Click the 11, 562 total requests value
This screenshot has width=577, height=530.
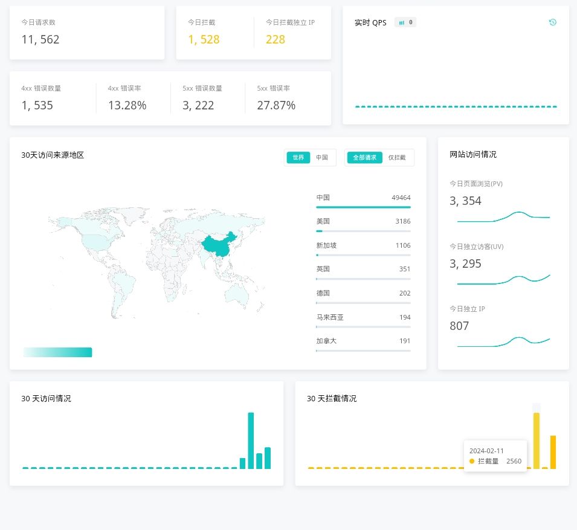40,40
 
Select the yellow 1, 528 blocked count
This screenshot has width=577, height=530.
204,40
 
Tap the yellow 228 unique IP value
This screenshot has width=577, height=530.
276,40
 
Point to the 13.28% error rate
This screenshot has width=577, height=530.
127,106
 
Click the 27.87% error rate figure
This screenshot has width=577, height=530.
276,106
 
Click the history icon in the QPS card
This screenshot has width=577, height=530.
552,22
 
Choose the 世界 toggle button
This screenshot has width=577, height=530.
298,158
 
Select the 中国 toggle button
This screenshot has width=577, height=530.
322,158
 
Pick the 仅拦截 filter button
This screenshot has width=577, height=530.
397,158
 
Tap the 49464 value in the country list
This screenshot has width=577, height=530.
401,198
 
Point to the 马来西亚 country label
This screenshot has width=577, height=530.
330,317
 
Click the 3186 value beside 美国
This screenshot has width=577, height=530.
403,221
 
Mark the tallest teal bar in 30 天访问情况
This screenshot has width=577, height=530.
251,441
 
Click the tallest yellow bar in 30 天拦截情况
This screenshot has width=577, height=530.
536,441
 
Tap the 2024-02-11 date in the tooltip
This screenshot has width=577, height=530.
486,451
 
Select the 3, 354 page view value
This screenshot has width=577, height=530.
466,201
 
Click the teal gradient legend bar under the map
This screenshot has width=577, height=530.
57,352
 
